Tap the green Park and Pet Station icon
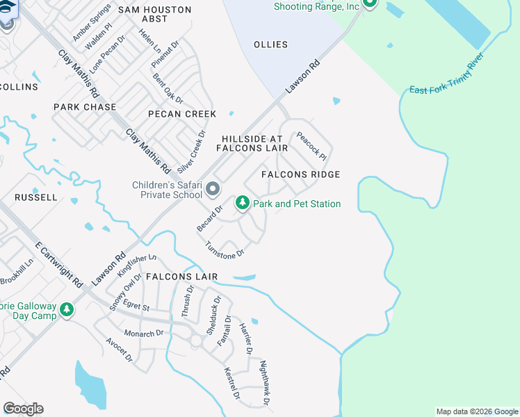[242, 203]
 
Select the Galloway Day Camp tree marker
[66, 309]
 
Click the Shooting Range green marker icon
[370, 3]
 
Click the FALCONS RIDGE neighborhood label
[300, 174]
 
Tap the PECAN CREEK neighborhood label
[182, 114]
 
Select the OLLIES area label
[270, 44]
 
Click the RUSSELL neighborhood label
[36, 197]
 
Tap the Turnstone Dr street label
[225, 250]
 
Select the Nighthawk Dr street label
[263, 382]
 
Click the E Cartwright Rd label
[59, 265]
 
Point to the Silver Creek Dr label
[191, 152]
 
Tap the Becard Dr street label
[209, 218]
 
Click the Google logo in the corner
[23, 409]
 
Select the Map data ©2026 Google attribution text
[476, 411]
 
